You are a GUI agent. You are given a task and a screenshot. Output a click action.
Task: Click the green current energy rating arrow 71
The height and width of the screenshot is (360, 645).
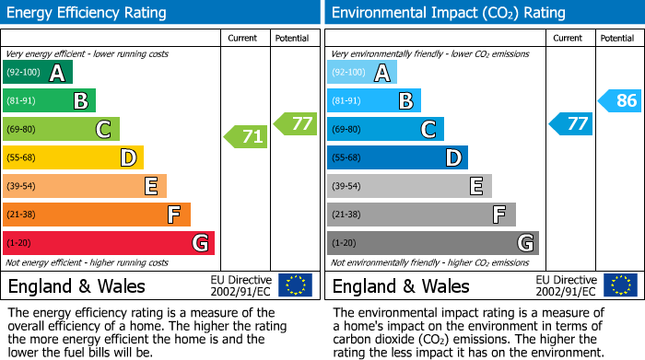246,137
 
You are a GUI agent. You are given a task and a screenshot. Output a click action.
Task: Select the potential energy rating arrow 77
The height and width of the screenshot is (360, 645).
296,123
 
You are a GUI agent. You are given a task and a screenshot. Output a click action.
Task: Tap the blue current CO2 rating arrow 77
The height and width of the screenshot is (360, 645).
571,123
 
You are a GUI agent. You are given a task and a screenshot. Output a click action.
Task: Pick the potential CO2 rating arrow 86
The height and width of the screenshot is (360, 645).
620,100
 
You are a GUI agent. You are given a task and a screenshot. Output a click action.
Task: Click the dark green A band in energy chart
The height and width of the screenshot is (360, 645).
38,73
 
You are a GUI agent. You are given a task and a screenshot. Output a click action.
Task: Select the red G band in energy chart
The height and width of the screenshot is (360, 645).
109,243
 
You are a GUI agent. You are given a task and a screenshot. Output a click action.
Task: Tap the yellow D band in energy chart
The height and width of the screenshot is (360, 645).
73,157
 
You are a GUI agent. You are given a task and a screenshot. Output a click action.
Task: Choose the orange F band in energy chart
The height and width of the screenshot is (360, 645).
97,215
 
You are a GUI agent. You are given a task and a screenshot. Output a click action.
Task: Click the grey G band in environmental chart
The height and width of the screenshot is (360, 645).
432,243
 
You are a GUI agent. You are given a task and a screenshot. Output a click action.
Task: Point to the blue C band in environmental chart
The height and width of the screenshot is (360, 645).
385,129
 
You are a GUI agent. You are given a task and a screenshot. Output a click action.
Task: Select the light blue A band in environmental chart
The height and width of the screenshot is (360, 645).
362,73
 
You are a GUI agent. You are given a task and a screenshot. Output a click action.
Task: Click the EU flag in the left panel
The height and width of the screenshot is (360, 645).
295,285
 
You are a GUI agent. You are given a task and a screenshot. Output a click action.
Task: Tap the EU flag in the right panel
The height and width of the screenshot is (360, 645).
620,285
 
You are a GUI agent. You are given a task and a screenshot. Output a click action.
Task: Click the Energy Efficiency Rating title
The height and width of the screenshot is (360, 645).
88,13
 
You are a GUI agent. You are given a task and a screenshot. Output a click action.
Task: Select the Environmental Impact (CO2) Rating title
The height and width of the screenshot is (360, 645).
448,13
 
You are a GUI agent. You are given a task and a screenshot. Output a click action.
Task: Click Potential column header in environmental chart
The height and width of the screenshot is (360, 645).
616,38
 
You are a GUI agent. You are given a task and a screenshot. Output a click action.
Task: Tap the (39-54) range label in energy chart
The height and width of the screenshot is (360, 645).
23,186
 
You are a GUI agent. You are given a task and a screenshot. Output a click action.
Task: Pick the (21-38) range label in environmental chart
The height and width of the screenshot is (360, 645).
347,215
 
